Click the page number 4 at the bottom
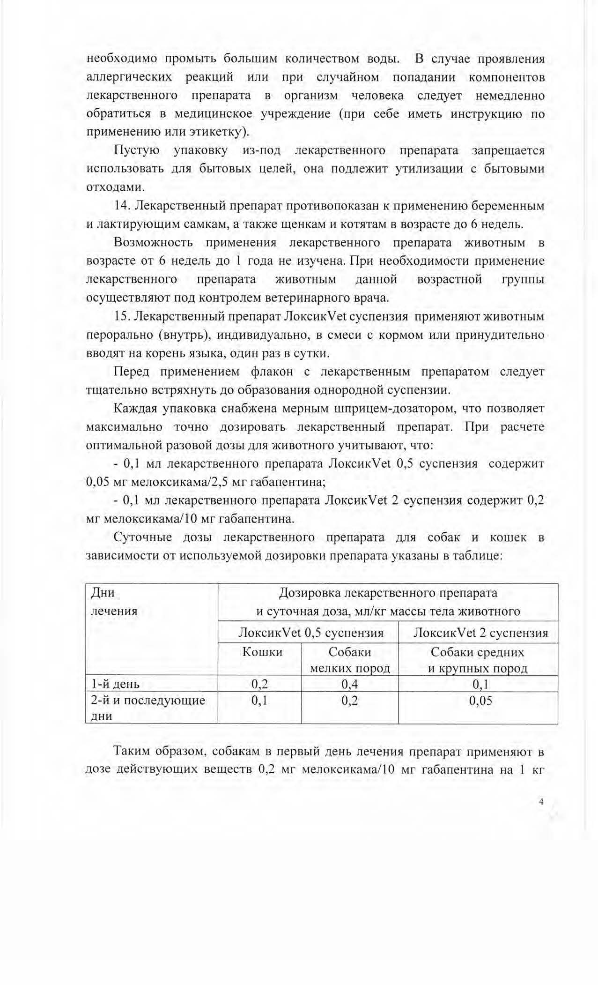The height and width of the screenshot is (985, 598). [541, 801]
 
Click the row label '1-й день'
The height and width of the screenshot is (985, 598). [115, 684]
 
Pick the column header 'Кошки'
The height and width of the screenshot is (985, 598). [262, 652]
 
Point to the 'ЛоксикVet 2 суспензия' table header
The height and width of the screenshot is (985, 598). [480, 633]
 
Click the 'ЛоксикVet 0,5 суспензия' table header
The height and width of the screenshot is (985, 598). [311, 633]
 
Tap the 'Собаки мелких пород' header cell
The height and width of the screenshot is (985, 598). [350, 660]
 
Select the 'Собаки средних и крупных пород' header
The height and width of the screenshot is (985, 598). [478, 660]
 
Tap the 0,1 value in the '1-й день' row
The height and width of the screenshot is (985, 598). [480, 684]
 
